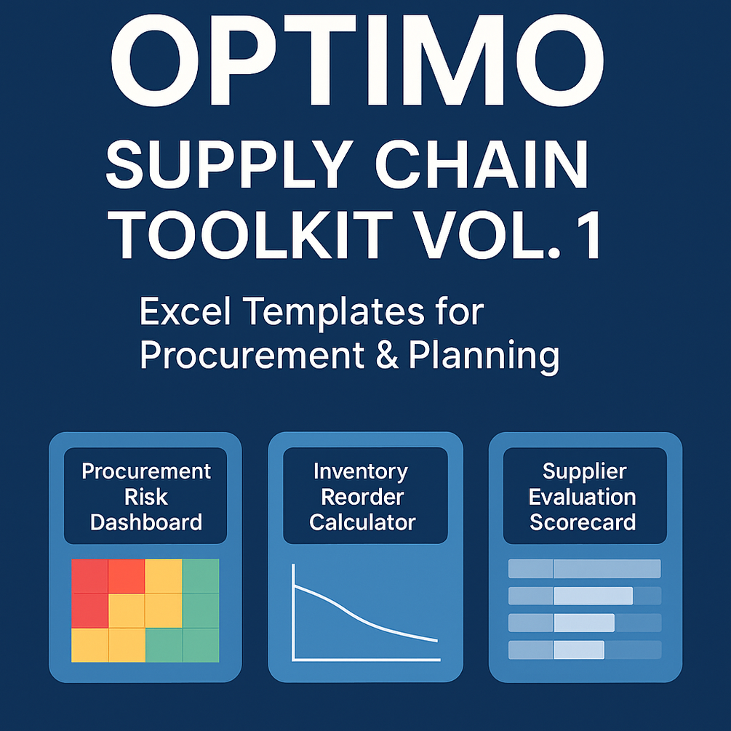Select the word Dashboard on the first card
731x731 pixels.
[145, 522]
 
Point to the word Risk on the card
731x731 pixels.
[145, 497]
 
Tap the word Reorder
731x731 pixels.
[362, 497]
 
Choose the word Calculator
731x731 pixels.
[362, 522]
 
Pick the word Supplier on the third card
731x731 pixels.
[583, 471]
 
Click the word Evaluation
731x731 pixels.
[583, 497]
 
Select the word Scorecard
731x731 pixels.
[583, 522]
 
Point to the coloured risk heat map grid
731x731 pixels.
[145, 611]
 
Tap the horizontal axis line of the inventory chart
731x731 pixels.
[366, 659]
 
